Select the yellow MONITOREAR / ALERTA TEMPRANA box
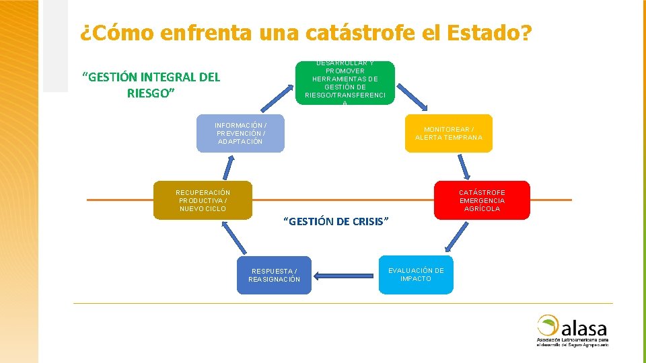click(x=448, y=133)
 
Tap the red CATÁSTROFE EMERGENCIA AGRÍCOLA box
click(x=482, y=200)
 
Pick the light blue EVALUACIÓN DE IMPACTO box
click(x=416, y=274)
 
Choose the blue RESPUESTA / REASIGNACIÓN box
click(x=274, y=275)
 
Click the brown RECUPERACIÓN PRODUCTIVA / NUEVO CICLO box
click(x=203, y=200)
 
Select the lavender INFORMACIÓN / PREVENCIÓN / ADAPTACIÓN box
click(x=240, y=133)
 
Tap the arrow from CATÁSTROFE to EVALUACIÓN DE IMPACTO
click(x=457, y=237)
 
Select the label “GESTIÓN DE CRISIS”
click(x=336, y=221)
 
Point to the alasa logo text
click(x=584, y=329)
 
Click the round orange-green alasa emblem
click(x=548, y=325)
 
